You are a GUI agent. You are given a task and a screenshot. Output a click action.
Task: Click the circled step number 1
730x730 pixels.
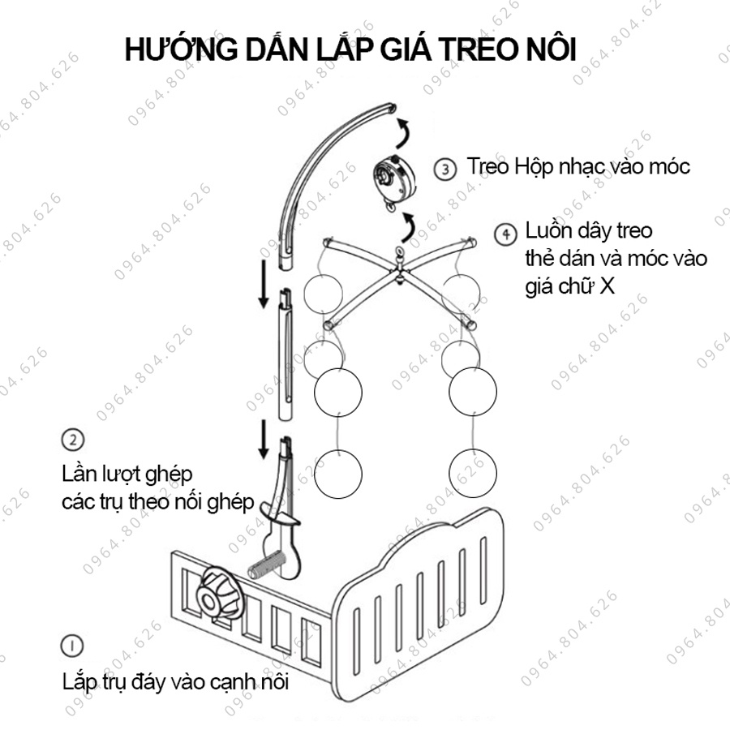(x=71, y=646)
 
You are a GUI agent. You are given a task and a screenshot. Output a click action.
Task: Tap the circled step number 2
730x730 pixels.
(x=72, y=440)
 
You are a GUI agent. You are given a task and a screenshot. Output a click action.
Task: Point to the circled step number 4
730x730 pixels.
(x=505, y=234)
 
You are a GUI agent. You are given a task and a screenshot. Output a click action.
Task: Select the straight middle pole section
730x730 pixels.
(x=285, y=353)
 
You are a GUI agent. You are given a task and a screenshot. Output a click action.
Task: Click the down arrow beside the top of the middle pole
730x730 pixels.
(x=264, y=284)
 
